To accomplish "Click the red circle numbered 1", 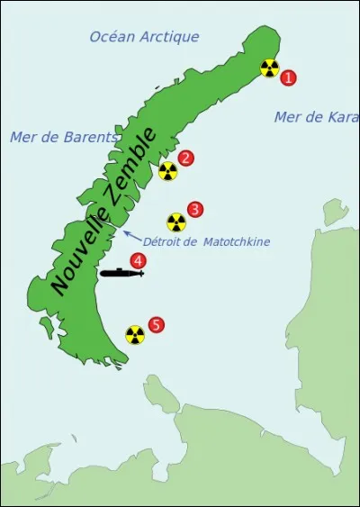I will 288,77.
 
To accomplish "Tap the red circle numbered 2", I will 185,158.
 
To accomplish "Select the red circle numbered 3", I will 194,209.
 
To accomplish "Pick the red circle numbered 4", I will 138,260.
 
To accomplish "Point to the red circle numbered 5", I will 156,324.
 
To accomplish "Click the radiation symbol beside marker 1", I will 269,68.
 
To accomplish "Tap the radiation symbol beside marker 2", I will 167,170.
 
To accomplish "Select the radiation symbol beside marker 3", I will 176,222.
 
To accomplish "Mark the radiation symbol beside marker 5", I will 135,335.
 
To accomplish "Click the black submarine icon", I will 121,272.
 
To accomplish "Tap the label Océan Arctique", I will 144,37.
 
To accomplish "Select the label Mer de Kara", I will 316,117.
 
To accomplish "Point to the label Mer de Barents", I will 64,137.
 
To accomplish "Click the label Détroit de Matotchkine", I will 206,241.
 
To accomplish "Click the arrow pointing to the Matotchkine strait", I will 130,236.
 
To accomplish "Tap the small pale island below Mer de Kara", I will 336,212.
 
